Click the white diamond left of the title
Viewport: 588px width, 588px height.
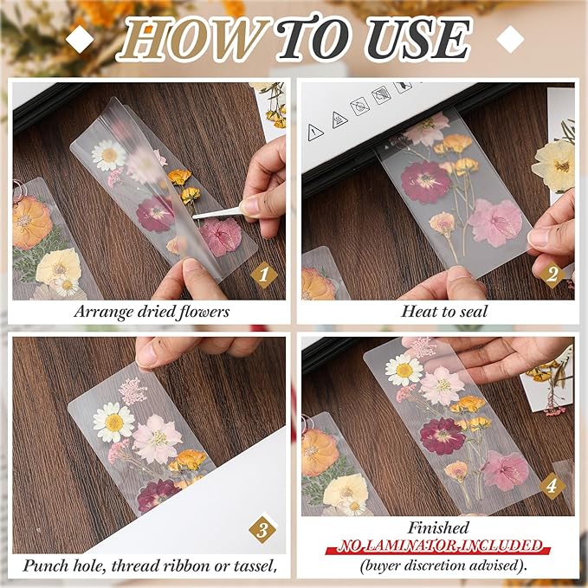(x=80, y=37)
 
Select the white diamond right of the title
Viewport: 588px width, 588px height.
(x=511, y=37)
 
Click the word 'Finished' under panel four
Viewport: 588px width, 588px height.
(x=440, y=527)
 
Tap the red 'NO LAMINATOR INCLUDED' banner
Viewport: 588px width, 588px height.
(x=440, y=546)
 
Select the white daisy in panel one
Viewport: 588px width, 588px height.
(x=109, y=156)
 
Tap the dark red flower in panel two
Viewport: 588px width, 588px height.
(x=425, y=182)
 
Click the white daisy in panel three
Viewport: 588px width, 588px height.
(x=113, y=421)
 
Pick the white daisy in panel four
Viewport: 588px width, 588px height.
(x=404, y=370)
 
